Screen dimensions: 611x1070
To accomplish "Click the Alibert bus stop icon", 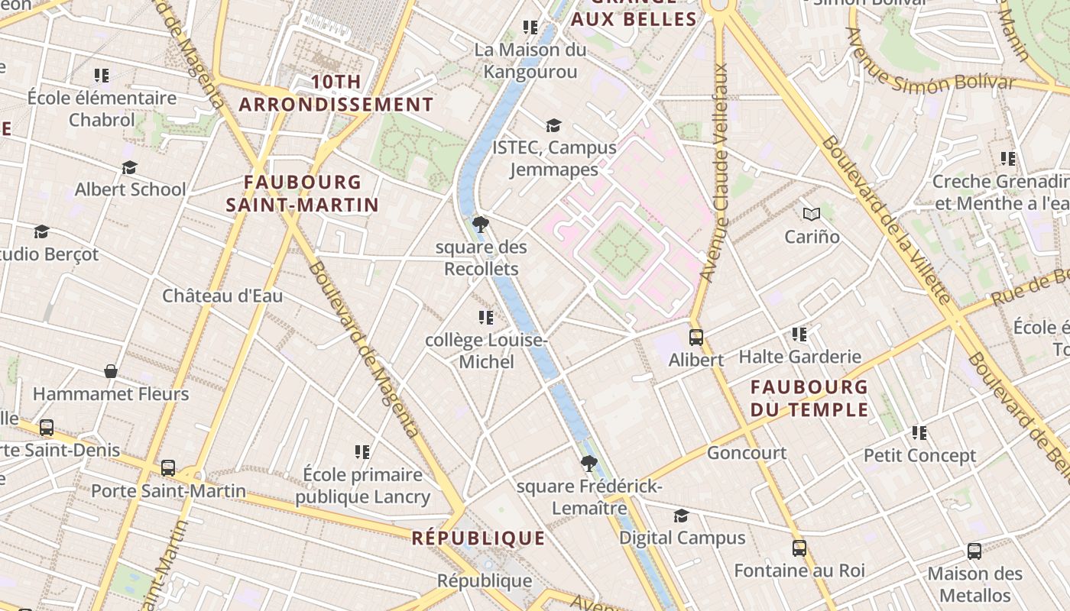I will tap(695, 337).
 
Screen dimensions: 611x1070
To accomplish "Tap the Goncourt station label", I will tap(746, 453).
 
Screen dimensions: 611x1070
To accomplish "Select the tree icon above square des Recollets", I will tap(481, 225).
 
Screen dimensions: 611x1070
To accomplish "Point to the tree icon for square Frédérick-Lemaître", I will tap(588, 463).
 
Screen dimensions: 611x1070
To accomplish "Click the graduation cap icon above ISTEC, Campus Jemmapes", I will tap(553, 125).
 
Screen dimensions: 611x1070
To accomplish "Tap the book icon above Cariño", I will tap(811, 215).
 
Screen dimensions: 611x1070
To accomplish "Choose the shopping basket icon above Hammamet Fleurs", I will tap(111, 371).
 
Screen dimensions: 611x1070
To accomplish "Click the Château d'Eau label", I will tap(222, 296).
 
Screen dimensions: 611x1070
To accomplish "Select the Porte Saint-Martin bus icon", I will tap(168, 467).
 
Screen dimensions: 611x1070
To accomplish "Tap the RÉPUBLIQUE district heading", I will tap(478, 538).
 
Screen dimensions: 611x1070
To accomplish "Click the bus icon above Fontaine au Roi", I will tap(799, 548).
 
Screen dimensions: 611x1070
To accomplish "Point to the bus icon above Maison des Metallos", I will tap(974, 551).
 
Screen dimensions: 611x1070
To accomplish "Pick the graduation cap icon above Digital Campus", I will tap(681, 516).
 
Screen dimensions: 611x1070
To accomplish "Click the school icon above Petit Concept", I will tap(919, 433).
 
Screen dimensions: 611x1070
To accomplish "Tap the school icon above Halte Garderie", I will tap(799, 334).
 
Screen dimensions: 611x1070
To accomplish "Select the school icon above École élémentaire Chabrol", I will tap(102, 76).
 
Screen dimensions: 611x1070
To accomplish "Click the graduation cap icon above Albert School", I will tap(129, 167).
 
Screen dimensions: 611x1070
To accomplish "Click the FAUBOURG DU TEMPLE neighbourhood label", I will tap(809, 399).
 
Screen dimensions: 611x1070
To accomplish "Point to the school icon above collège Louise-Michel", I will tap(485, 317).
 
